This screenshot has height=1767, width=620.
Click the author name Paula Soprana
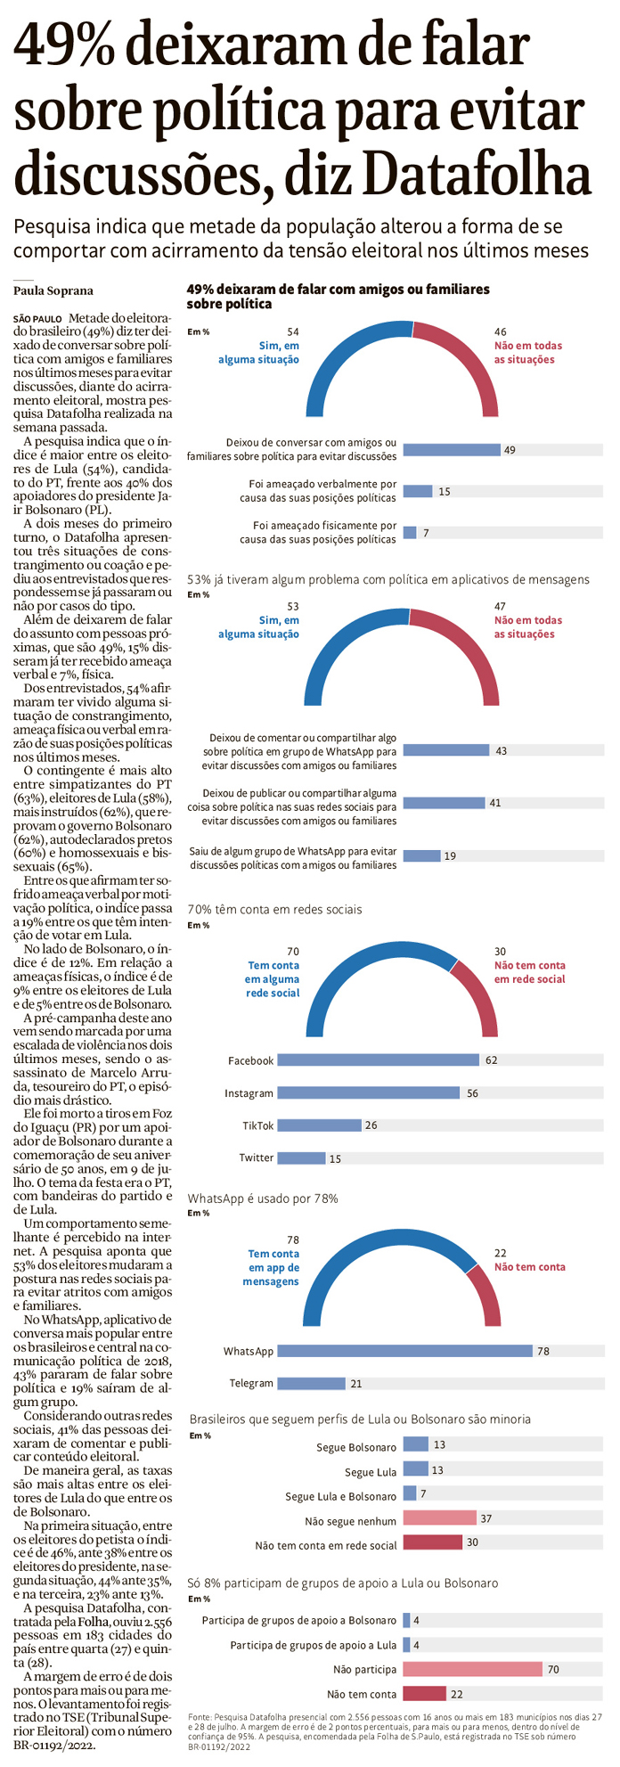click(x=53, y=290)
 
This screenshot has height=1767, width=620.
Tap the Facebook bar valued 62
click(x=378, y=1059)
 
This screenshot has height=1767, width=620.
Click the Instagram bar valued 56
click(x=368, y=1092)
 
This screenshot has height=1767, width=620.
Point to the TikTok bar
click(x=319, y=1125)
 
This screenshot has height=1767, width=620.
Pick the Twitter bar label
click(x=256, y=1158)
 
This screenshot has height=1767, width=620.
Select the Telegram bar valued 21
click(x=311, y=1383)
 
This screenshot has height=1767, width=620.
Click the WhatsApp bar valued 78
click(x=404, y=1351)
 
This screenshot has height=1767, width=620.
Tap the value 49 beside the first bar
click(x=510, y=450)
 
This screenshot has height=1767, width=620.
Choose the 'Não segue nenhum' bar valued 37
click(x=439, y=1517)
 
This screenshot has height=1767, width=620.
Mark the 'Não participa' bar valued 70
click(x=472, y=1668)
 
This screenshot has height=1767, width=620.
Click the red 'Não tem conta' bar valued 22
click(x=424, y=1693)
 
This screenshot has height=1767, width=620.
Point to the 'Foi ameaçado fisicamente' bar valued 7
click(x=410, y=533)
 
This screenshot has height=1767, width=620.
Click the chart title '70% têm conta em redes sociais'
click(x=274, y=909)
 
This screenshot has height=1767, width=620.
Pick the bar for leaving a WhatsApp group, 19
click(x=421, y=856)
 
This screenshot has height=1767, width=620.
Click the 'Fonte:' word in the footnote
click(x=201, y=1716)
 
